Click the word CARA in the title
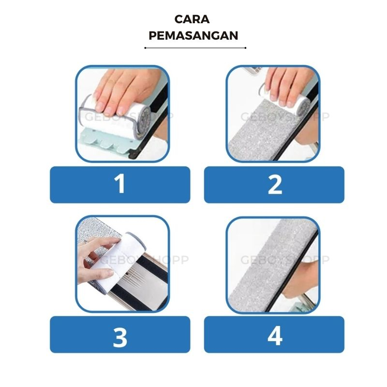[x=192, y=19]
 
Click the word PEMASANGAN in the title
[x=193, y=35]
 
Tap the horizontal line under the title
[x=195, y=48]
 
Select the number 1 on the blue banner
[x=120, y=184]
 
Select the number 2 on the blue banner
[x=275, y=185]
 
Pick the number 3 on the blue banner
[x=120, y=337]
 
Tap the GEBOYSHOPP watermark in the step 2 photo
[x=285, y=117]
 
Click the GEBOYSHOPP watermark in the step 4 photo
[x=285, y=260]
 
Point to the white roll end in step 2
[x=303, y=104]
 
